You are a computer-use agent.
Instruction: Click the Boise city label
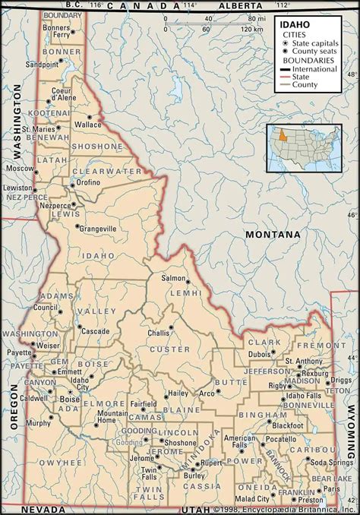(70, 398)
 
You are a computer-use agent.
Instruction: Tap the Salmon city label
(172, 279)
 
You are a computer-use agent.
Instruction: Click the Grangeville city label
(98, 228)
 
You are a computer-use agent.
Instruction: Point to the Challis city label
(158, 333)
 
